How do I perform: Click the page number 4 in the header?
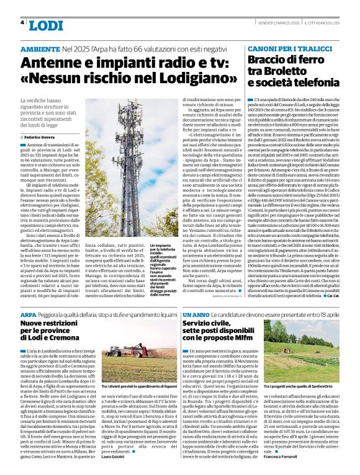click(23, 22)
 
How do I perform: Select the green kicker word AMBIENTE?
click(40, 48)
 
